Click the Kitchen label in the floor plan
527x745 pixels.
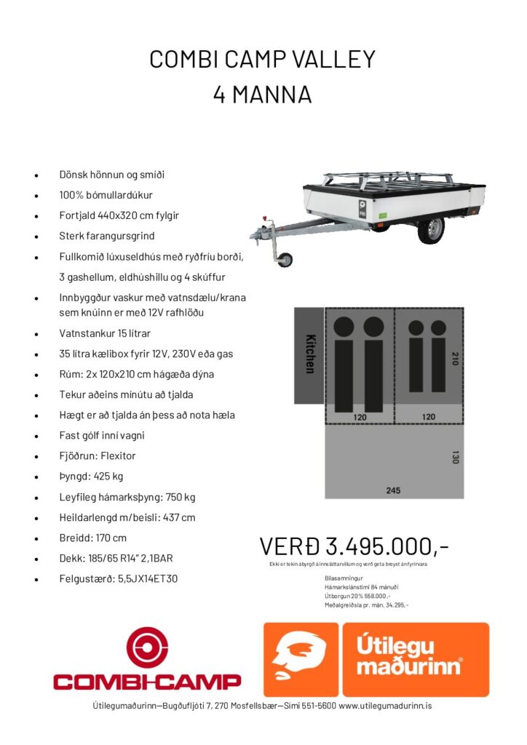point(309,354)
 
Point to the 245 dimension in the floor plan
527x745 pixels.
point(393,490)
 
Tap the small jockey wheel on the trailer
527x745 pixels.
point(285,259)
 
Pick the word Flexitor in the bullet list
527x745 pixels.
point(115,456)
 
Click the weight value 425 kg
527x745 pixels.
point(108,477)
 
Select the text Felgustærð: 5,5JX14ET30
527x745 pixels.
point(119,579)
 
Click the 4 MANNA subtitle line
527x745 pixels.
point(262,95)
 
